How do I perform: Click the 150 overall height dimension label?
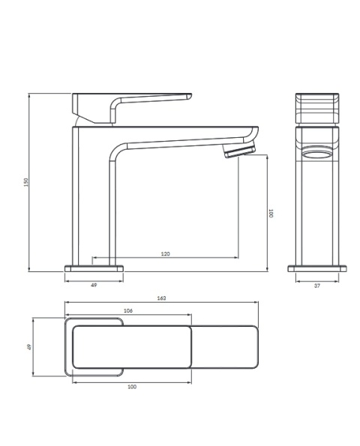26,182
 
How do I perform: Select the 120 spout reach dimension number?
165,253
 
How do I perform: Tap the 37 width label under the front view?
317,286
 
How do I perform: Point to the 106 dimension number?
128,310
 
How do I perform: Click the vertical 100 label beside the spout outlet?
271,214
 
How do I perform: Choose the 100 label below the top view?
132,387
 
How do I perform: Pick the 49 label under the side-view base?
94,285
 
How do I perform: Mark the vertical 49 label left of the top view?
28,347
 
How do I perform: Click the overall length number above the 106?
161,298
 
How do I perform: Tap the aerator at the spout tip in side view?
239,151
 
